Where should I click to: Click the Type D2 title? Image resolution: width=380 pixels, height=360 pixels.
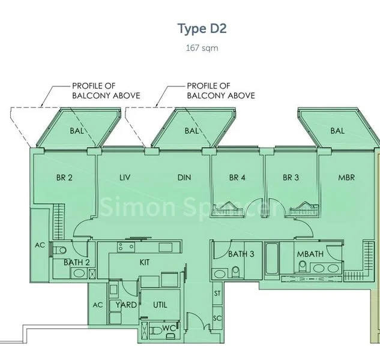[201, 28]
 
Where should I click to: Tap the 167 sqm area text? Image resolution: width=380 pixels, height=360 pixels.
[201, 48]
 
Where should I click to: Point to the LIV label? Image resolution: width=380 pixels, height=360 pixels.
[125, 177]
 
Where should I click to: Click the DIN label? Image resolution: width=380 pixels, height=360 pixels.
[184, 177]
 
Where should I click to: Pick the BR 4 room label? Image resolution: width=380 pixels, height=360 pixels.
[237, 177]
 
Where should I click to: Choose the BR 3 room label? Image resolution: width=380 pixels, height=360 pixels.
[291, 177]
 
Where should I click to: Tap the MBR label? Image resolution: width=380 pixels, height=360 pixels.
[346, 177]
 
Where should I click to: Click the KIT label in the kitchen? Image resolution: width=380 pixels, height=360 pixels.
[144, 262]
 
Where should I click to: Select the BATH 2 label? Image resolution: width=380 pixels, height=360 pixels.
[77, 262]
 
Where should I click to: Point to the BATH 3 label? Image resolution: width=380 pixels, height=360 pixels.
[241, 254]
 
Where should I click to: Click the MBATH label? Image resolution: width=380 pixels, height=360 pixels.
[310, 254]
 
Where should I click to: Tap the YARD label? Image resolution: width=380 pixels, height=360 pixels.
[126, 305]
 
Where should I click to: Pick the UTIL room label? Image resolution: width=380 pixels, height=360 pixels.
[160, 305]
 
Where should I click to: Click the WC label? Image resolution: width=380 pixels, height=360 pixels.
[169, 328]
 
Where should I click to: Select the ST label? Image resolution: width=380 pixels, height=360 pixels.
[217, 293]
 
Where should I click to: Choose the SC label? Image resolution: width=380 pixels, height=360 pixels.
[217, 318]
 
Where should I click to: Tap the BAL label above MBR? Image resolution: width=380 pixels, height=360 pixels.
[337, 130]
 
